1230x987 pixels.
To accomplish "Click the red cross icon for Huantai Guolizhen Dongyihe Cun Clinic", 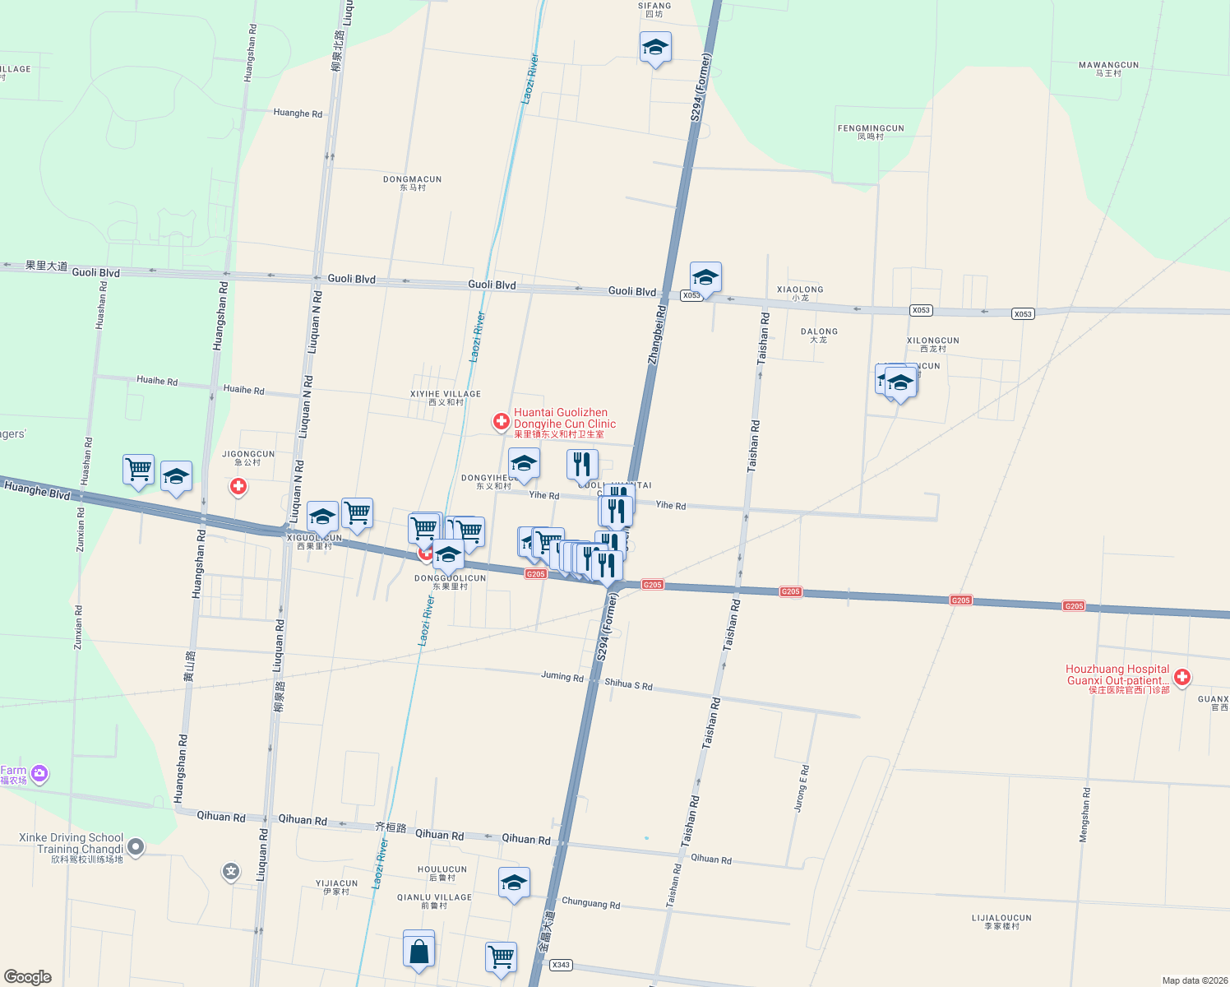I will (x=501, y=421).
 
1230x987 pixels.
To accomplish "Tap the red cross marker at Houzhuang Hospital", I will (x=1182, y=678).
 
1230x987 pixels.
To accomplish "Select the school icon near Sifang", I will (x=655, y=49).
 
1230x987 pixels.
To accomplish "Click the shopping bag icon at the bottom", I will (x=418, y=950).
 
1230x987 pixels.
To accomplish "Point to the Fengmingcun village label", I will (x=871, y=132).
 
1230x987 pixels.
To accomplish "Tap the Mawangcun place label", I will (x=1108, y=68).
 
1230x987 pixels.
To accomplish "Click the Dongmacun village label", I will (x=413, y=183).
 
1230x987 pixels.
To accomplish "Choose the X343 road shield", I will (x=561, y=965).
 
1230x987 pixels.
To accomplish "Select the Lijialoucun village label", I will (x=1001, y=921).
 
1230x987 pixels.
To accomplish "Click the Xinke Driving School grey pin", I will (x=136, y=846).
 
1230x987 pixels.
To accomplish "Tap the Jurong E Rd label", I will (x=802, y=788).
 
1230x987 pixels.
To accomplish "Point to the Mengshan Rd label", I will (x=1084, y=814).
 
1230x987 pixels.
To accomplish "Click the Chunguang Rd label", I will (x=590, y=903).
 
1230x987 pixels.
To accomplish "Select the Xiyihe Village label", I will (x=446, y=398).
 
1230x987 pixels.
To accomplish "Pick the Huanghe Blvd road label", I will (x=37, y=490).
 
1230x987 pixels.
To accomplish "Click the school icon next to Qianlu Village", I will (x=514, y=884).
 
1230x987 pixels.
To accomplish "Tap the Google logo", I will (x=28, y=976).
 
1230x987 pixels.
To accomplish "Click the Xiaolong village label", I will (x=800, y=293).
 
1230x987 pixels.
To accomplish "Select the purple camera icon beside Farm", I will (x=39, y=774).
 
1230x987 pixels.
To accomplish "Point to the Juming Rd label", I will (x=562, y=676).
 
